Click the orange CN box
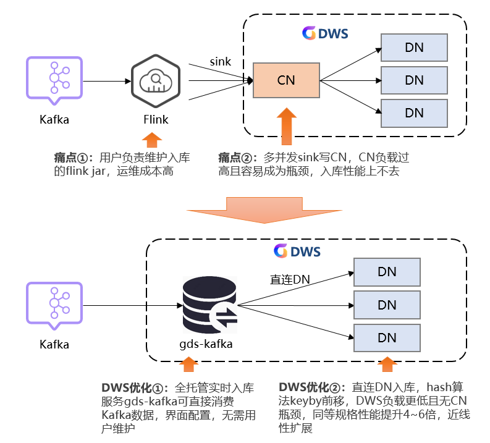click(x=286, y=80)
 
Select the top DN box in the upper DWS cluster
click(x=413, y=47)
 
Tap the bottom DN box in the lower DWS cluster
click(x=387, y=337)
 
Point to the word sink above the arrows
click(x=220, y=61)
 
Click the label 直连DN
click(x=290, y=279)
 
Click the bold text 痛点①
click(x=72, y=158)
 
